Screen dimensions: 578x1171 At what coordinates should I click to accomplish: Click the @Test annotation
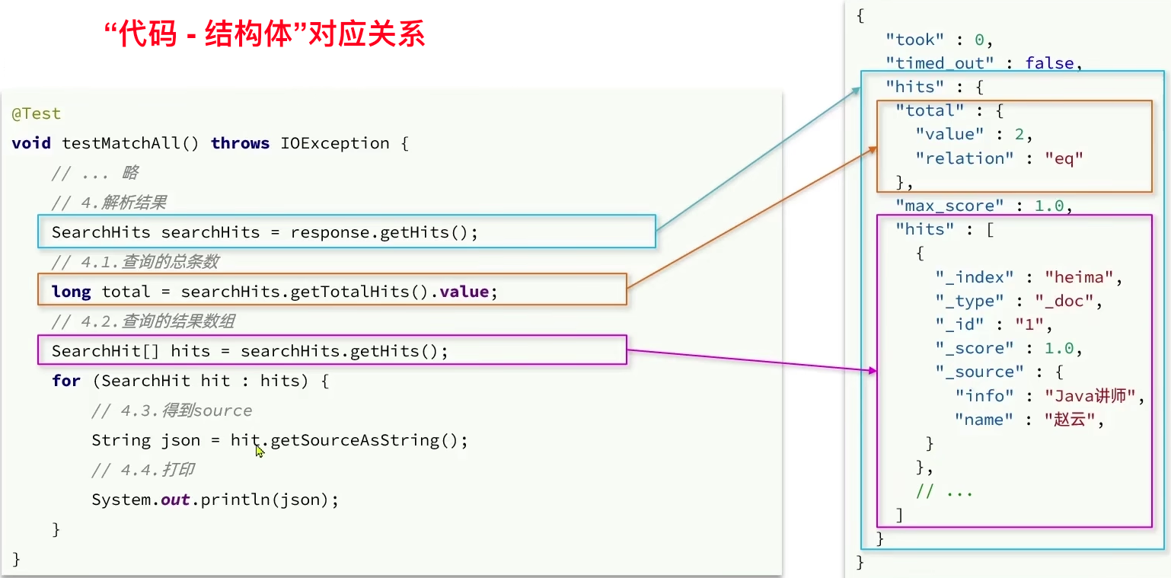(x=36, y=114)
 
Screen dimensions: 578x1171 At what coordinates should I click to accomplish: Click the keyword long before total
(x=71, y=292)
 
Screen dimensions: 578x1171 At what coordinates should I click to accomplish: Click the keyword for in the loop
(x=66, y=381)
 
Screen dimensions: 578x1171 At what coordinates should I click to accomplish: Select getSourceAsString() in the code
(x=369, y=440)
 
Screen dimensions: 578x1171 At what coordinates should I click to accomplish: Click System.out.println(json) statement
(x=215, y=500)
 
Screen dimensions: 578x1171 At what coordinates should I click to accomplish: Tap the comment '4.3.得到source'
(x=171, y=410)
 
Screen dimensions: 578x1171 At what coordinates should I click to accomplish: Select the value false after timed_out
(x=1049, y=63)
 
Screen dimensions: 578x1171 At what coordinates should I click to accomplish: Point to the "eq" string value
(x=1064, y=158)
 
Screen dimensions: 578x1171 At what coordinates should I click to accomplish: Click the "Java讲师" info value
(x=1094, y=395)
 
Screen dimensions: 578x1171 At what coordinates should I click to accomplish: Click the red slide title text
(x=264, y=35)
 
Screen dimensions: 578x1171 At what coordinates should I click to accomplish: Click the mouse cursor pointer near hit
(x=260, y=451)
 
